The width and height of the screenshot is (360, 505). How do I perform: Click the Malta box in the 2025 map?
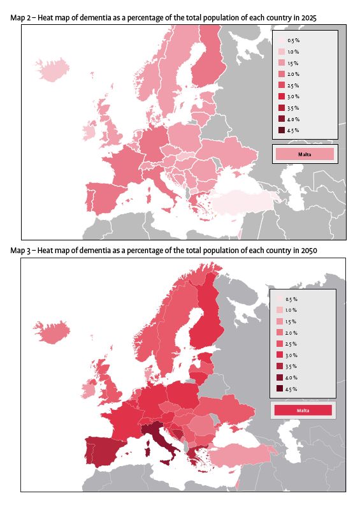click(303, 154)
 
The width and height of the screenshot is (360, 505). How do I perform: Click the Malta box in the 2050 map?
click(302, 410)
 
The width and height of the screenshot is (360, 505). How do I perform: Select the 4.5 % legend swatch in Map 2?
click(282, 130)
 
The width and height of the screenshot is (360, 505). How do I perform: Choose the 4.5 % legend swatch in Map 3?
click(280, 388)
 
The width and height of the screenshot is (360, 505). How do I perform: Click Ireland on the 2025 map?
click(89, 132)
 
